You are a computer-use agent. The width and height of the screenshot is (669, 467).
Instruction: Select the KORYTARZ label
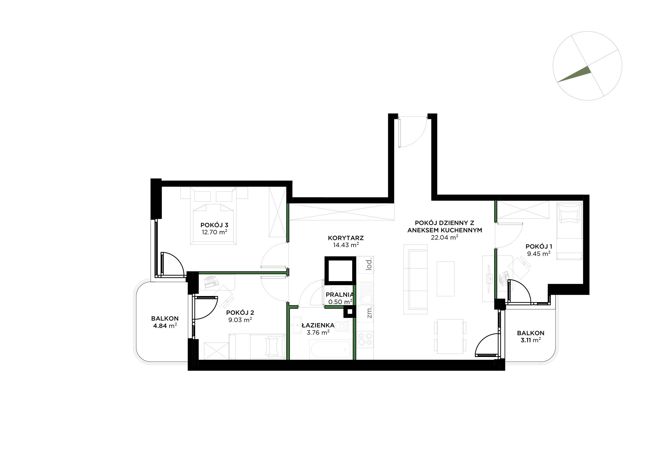(x=346, y=238)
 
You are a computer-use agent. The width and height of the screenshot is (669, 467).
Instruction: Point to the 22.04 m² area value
(x=444, y=237)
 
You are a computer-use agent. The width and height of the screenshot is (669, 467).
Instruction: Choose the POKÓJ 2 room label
(x=240, y=313)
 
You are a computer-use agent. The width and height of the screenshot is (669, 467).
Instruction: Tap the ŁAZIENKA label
(x=318, y=325)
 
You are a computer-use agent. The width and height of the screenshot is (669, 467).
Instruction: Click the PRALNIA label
(x=339, y=295)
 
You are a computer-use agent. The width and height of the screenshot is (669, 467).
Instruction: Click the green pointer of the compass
(x=574, y=74)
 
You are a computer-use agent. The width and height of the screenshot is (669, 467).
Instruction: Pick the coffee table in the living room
(x=445, y=278)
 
